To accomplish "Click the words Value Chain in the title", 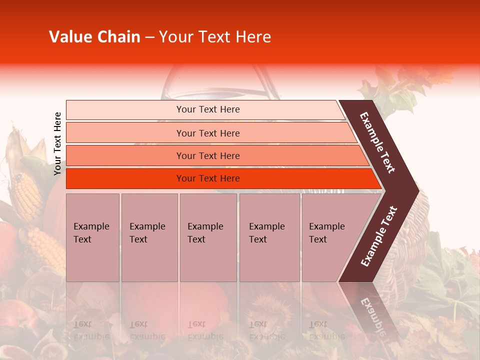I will pos(94,37).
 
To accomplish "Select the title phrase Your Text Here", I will pos(215,37).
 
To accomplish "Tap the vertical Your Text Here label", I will pos(57,143).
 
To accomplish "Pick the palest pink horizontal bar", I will pos(205,109).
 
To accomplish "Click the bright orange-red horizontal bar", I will pos(220,178).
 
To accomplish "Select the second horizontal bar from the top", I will pos(210,133).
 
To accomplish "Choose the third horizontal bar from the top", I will pos(215,155).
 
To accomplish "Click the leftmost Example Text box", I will pos(92,237).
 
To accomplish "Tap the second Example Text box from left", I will pos(149,237).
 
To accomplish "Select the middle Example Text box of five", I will pos(208,237).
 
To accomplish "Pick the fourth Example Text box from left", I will pos(269,237).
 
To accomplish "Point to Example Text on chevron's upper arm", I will pos(377,142).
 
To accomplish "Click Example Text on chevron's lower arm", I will pos(378,236).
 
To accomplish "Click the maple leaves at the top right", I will pos(400,85).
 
